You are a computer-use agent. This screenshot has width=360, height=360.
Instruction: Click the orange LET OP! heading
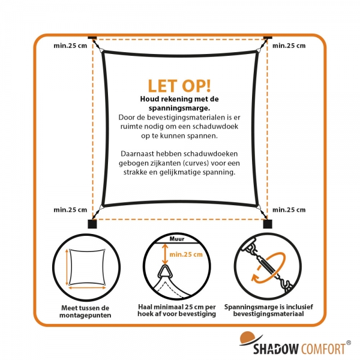(180, 86)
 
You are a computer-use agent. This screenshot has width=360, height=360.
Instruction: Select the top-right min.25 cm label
(289, 45)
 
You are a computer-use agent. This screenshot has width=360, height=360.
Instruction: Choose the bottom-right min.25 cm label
(289, 209)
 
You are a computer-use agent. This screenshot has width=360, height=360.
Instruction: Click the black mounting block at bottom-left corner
(92, 224)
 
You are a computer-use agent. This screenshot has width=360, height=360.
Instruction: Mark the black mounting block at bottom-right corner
(267, 224)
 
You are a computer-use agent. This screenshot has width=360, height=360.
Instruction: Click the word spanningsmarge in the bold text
(180, 108)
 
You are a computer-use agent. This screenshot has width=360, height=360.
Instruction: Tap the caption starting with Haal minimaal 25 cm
(180, 311)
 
